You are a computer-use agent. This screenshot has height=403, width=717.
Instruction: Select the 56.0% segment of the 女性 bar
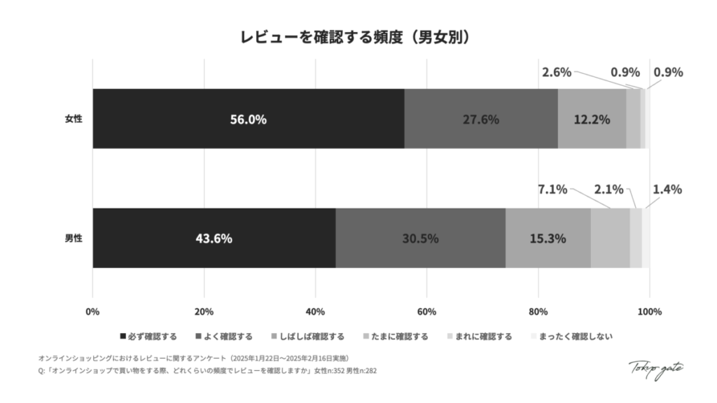[249, 119]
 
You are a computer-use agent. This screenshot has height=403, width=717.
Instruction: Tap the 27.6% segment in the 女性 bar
[481, 119]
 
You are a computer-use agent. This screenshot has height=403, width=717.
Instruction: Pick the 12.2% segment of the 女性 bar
[592, 119]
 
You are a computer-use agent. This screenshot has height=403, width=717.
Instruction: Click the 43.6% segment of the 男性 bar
[214, 238]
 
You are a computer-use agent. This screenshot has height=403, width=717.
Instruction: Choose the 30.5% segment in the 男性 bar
[420, 238]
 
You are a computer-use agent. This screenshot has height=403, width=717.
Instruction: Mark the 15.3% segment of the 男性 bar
[548, 238]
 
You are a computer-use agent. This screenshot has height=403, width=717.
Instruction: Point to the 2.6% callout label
[557, 72]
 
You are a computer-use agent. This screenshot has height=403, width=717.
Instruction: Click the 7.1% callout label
[552, 190]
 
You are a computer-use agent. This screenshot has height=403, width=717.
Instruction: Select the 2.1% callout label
[608, 190]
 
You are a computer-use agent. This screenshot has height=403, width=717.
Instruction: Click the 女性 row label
[74, 119]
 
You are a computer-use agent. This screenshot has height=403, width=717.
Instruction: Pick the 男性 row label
[74, 238]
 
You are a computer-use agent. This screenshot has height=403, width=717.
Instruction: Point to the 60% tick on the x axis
[426, 311]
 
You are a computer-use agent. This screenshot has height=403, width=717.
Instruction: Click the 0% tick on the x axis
[92, 311]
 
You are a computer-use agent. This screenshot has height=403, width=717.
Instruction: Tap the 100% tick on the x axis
[649, 311]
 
